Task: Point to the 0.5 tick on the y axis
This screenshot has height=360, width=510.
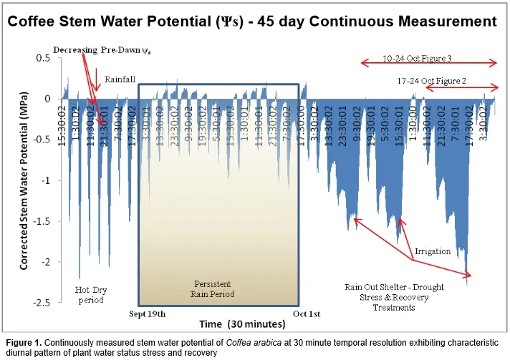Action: coord(42,58)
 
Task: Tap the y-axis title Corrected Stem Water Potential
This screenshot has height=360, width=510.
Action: coord(24,180)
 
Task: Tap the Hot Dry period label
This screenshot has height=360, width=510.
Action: coord(91,294)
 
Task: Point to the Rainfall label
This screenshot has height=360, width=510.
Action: coord(120,79)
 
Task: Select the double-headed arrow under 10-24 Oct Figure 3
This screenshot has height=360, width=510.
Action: coord(427,64)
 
